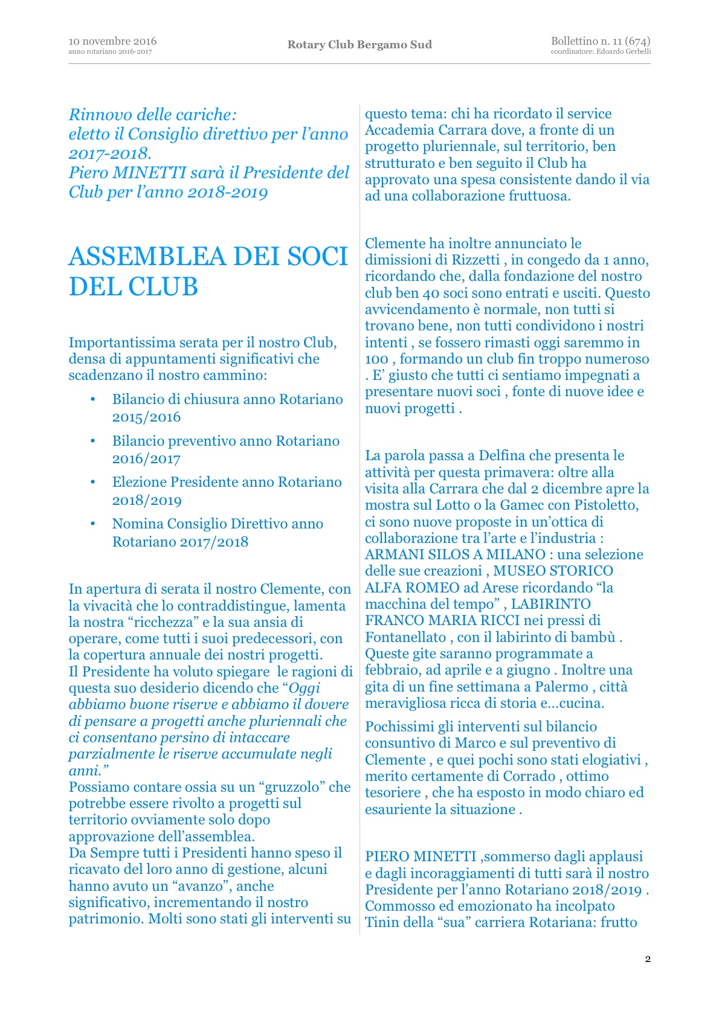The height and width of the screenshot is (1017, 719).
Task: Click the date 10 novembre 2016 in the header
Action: tap(112, 41)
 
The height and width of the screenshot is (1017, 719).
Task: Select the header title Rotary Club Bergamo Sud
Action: tap(359, 45)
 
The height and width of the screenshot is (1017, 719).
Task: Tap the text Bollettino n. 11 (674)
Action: tap(600, 41)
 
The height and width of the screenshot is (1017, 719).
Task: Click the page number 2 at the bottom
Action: tap(648, 959)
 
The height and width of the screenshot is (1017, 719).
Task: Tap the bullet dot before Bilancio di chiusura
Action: tap(93, 399)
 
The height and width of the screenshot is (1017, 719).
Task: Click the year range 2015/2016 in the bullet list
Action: tap(146, 417)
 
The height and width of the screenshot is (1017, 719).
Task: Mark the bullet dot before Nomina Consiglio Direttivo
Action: tap(93, 524)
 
